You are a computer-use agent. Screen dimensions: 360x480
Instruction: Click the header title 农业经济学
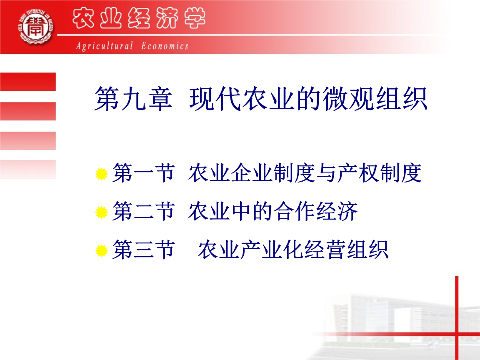coord(139,20)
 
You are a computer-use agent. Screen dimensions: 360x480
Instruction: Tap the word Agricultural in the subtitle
coord(104,46)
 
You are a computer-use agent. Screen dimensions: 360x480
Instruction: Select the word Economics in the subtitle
coord(165,46)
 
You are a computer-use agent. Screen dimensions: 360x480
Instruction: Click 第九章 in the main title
coord(132,99)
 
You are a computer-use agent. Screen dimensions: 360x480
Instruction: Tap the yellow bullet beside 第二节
coord(101,213)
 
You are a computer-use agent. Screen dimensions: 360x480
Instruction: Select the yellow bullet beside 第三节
coord(101,251)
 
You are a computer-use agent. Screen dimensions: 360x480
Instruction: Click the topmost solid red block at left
coord(28,82)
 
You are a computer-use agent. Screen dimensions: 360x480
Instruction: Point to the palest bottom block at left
coord(28,169)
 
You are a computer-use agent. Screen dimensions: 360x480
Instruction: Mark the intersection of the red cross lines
coord(457,334)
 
